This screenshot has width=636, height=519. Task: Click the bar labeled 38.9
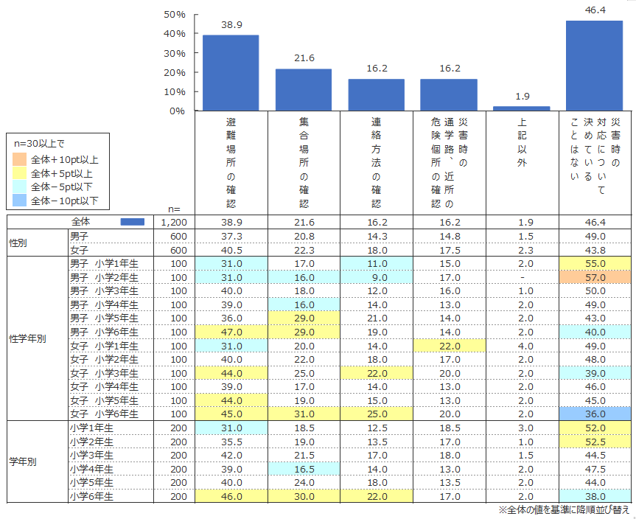[x=231, y=73]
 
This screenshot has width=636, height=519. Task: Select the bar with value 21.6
[x=304, y=90]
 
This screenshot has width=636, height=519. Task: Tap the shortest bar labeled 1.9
[x=522, y=108]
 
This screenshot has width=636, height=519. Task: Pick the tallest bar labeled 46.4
[x=594, y=66]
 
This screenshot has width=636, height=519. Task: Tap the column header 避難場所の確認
[x=231, y=161]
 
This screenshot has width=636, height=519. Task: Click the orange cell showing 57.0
[x=594, y=278]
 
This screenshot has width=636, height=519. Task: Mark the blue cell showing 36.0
[x=594, y=414]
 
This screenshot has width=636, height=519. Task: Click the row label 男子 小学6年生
[x=109, y=332]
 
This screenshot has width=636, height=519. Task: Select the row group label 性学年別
[x=27, y=339]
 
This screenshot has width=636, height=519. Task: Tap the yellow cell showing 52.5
[x=594, y=442]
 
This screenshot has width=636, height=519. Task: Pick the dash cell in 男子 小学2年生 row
[x=522, y=278]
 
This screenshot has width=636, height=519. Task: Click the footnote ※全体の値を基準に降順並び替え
[x=564, y=510]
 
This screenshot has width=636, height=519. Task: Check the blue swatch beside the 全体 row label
[x=132, y=223]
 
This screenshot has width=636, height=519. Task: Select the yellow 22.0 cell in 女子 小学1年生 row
[x=449, y=346]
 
